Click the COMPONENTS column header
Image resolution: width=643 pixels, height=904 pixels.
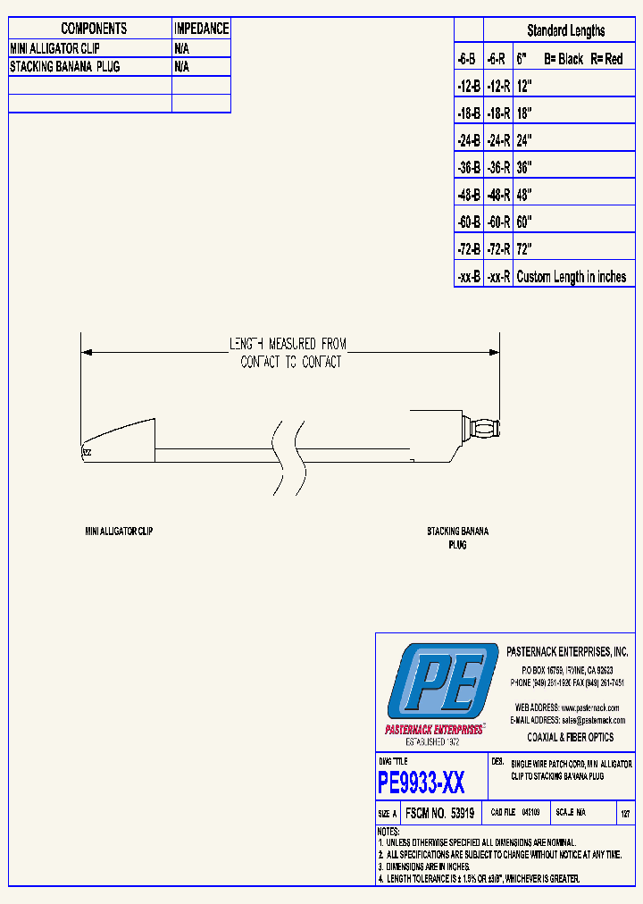tap(94, 29)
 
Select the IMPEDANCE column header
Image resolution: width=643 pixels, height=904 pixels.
tap(201, 29)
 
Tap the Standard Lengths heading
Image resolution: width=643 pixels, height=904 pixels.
tap(565, 30)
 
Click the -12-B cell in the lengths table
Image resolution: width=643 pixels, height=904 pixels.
tap(469, 86)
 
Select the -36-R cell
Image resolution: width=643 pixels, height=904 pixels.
tap(498, 167)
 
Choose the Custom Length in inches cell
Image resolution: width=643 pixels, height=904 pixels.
tap(572, 277)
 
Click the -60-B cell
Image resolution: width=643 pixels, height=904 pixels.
tap(469, 222)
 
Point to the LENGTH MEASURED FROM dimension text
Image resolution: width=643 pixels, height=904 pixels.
tap(288, 344)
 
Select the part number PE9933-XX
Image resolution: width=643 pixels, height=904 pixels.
tap(422, 783)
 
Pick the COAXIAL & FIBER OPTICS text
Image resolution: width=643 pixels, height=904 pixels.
tap(572, 737)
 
